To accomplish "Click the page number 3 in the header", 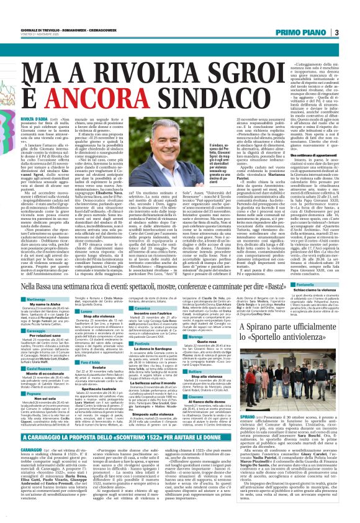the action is point(353,32).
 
